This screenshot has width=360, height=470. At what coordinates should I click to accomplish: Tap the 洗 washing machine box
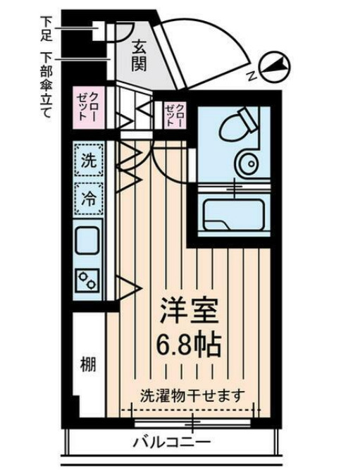click(x=89, y=159)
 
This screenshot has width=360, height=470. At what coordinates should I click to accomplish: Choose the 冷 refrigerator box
click(x=89, y=197)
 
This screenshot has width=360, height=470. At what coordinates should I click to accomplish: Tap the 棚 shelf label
click(x=87, y=366)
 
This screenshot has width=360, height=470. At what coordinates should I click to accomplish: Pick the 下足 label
click(x=47, y=28)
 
